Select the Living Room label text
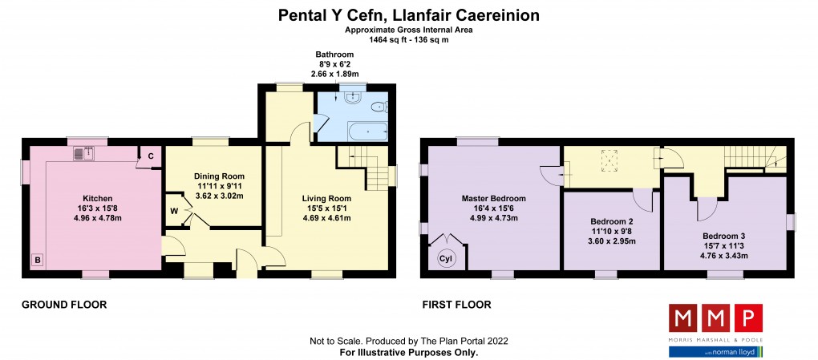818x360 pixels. pyautogui.click(x=326, y=198)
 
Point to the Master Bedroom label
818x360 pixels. pyautogui.click(x=493, y=198)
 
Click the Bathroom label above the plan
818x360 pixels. pyautogui.click(x=334, y=55)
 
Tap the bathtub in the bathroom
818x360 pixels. pyautogui.click(x=368, y=131)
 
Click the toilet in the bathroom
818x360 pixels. pyautogui.click(x=379, y=107)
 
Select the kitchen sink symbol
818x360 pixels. pyautogui.click(x=83, y=153)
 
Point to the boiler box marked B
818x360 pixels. pyautogui.click(x=37, y=260)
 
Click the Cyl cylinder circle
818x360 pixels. pyautogui.click(x=445, y=258)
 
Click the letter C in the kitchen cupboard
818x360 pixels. pyautogui.click(x=150, y=156)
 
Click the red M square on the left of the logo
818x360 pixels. pyautogui.click(x=683, y=318)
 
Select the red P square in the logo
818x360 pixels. pyautogui.click(x=748, y=318)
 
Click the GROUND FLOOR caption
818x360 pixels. pyautogui.click(x=64, y=305)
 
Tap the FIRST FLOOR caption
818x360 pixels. pyautogui.click(x=456, y=305)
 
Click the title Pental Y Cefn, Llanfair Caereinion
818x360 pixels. pyautogui.click(x=408, y=15)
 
